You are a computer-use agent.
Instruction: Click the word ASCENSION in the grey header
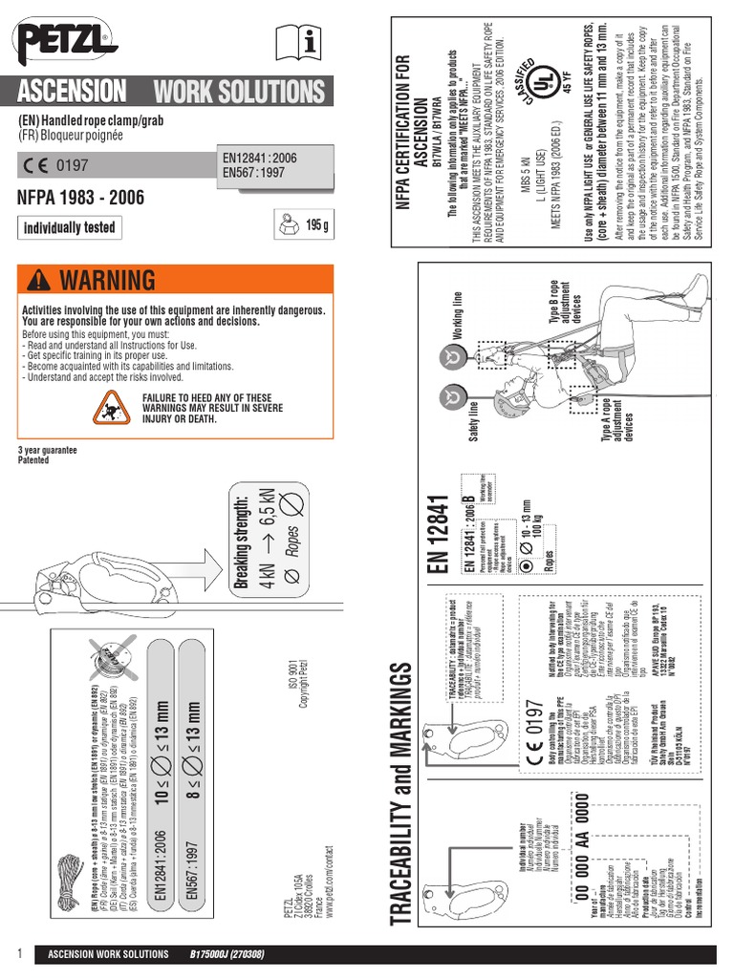[72, 93]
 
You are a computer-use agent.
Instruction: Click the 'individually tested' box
[69, 227]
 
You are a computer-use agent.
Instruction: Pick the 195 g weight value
[317, 225]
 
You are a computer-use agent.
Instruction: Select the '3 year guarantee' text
[47, 450]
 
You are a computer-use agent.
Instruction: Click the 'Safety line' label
[472, 421]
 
